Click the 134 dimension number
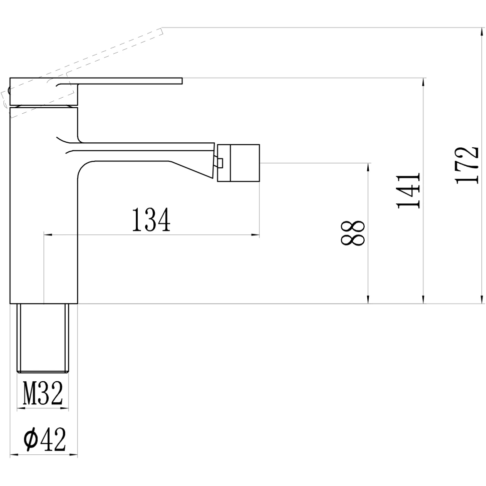(x=151, y=220)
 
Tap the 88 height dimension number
(x=353, y=233)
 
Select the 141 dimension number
(x=408, y=190)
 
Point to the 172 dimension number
(x=466, y=165)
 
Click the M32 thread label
(x=43, y=393)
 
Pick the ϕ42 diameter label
(x=45, y=439)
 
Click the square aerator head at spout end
(x=238, y=163)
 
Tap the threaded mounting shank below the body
(x=43, y=338)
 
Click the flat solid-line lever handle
(x=96, y=91)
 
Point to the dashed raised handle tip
(x=160, y=32)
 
